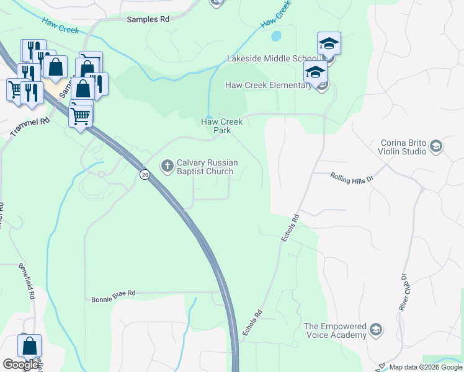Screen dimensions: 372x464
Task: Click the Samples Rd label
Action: point(148,19)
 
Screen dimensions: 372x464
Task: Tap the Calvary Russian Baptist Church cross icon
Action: point(167,166)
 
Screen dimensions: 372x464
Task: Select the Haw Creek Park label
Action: point(221,126)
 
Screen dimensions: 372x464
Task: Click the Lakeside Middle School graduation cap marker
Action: point(329,44)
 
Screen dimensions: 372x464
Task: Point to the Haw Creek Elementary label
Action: point(268,85)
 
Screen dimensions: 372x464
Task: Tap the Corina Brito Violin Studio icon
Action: point(436,146)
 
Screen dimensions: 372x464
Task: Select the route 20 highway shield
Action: point(145,175)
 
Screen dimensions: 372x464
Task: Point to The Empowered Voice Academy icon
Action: point(375,329)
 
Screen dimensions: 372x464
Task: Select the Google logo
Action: point(20,365)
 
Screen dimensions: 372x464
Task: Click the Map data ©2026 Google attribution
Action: point(426,367)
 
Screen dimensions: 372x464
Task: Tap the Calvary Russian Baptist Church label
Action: point(205,167)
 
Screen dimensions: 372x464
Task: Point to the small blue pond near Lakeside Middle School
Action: point(276,36)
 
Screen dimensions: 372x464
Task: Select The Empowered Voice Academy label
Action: point(335,330)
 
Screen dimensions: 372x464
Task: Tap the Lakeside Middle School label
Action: point(272,59)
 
